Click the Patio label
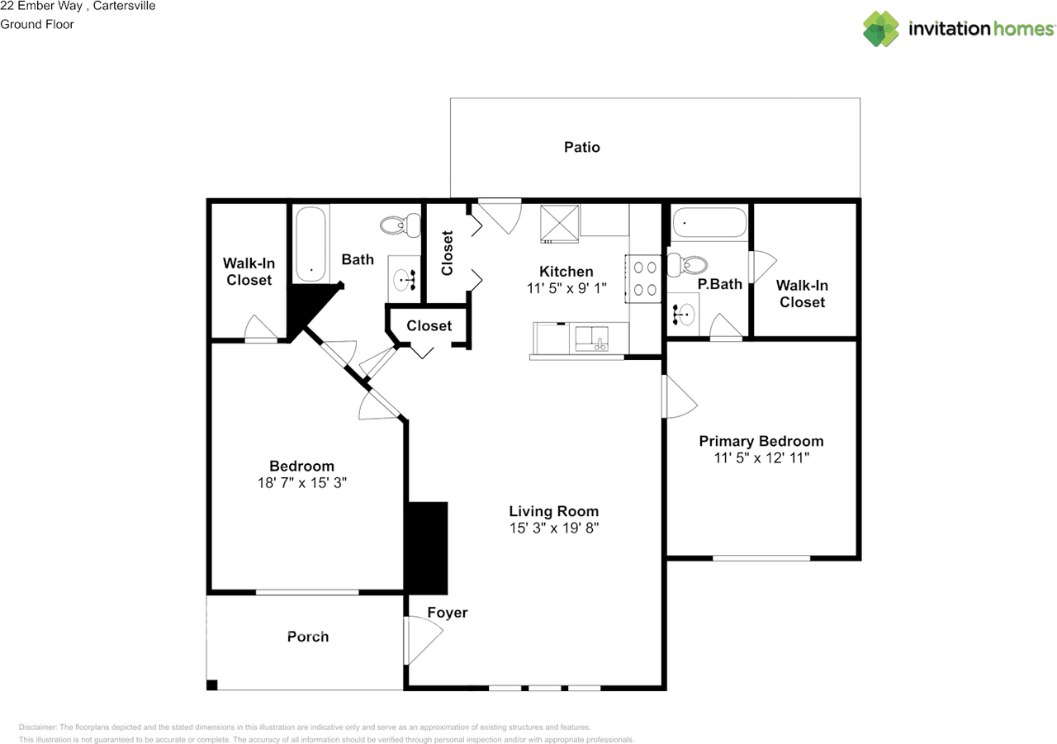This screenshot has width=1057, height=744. tap(581, 147)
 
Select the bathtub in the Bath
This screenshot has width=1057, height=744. tap(310, 241)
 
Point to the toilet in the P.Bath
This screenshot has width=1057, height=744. tap(688, 265)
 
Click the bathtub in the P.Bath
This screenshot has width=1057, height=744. tap(709, 223)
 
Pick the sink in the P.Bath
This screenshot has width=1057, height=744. tap(684, 314)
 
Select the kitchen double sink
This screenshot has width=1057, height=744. tap(591, 339)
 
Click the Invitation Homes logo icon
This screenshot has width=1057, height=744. tap(881, 29)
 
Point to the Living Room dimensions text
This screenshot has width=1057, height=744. tap(553, 528)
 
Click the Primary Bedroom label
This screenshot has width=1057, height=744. tap(761, 441)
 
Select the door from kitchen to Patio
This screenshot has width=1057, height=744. tap(500, 215)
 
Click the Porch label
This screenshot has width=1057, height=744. tap(308, 637)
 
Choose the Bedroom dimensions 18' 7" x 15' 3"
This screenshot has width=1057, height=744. tap(301, 483)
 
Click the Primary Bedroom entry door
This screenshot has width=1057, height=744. tap(679, 397)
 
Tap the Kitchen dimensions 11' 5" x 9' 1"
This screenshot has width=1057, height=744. tap(566, 288)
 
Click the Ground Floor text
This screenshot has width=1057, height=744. tap(37, 24)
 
